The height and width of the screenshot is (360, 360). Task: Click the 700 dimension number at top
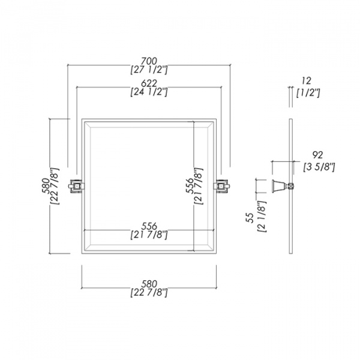[x=149, y=61]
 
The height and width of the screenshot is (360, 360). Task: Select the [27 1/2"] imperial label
[x=149, y=70]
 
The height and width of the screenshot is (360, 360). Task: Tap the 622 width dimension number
[x=149, y=83]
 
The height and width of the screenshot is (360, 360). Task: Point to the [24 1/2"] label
[x=149, y=92]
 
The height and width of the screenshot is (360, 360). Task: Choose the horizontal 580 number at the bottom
[x=149, y=283]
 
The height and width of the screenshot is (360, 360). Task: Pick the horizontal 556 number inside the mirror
[x=149, y=226]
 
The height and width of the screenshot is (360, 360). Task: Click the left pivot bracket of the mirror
[x=77, y=186]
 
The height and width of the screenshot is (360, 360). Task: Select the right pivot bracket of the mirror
[x=222, y=186]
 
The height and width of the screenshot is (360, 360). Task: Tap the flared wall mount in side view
[x=278, y=186]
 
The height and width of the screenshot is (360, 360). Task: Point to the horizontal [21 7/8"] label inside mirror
[x=149, y=235]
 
